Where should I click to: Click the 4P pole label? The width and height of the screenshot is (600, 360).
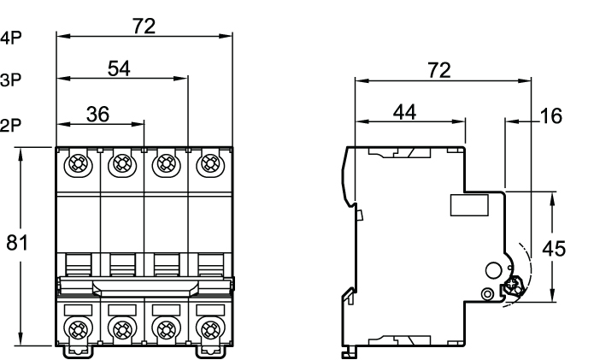[11, 38]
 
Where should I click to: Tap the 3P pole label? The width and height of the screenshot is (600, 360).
[11, 80]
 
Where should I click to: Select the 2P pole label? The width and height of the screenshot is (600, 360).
[11, 125]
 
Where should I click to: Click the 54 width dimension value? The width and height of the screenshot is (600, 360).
[119, 69]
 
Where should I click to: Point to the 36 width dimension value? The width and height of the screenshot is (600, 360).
[98, 114]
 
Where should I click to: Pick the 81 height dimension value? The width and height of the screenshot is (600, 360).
[17, 243]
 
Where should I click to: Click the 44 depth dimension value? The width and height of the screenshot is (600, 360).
[405, 112]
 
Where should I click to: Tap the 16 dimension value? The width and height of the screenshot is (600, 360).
[551, 116]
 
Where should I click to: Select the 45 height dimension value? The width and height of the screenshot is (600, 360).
[554, 249]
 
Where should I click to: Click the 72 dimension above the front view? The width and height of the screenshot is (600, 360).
[144, 27]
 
